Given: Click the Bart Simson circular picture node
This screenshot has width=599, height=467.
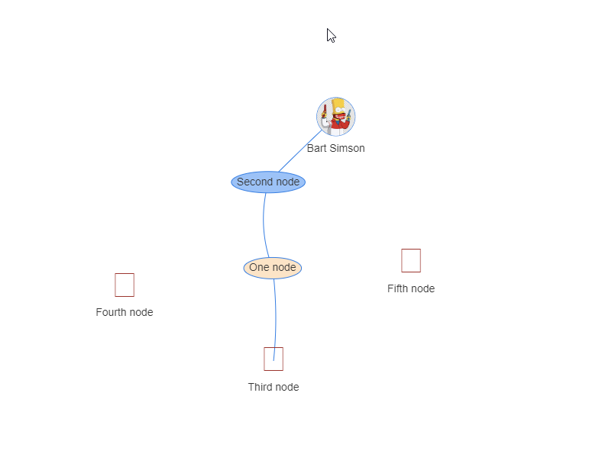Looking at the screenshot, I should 336,117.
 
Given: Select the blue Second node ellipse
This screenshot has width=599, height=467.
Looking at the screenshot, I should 268,182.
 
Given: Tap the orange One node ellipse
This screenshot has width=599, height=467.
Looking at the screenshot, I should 273,268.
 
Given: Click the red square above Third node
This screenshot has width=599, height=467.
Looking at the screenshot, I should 274,359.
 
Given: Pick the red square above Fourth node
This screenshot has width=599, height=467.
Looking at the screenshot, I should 125,285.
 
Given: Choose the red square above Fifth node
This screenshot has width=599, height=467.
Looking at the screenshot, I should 411,260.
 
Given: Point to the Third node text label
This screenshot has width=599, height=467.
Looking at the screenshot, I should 274,387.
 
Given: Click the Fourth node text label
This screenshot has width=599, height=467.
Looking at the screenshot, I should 125,312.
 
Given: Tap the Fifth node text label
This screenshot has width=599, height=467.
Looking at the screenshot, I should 411,288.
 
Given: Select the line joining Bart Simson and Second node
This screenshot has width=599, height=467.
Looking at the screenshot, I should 299,151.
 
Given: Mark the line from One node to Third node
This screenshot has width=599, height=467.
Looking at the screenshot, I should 276,313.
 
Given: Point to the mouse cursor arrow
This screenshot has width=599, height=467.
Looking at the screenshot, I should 331,34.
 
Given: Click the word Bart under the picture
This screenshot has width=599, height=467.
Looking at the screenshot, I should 318,148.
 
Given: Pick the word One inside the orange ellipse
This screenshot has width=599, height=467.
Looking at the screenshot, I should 259,268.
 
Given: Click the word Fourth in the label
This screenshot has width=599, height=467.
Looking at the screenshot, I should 112,312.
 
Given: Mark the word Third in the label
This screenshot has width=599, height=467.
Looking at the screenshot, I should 260,387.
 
